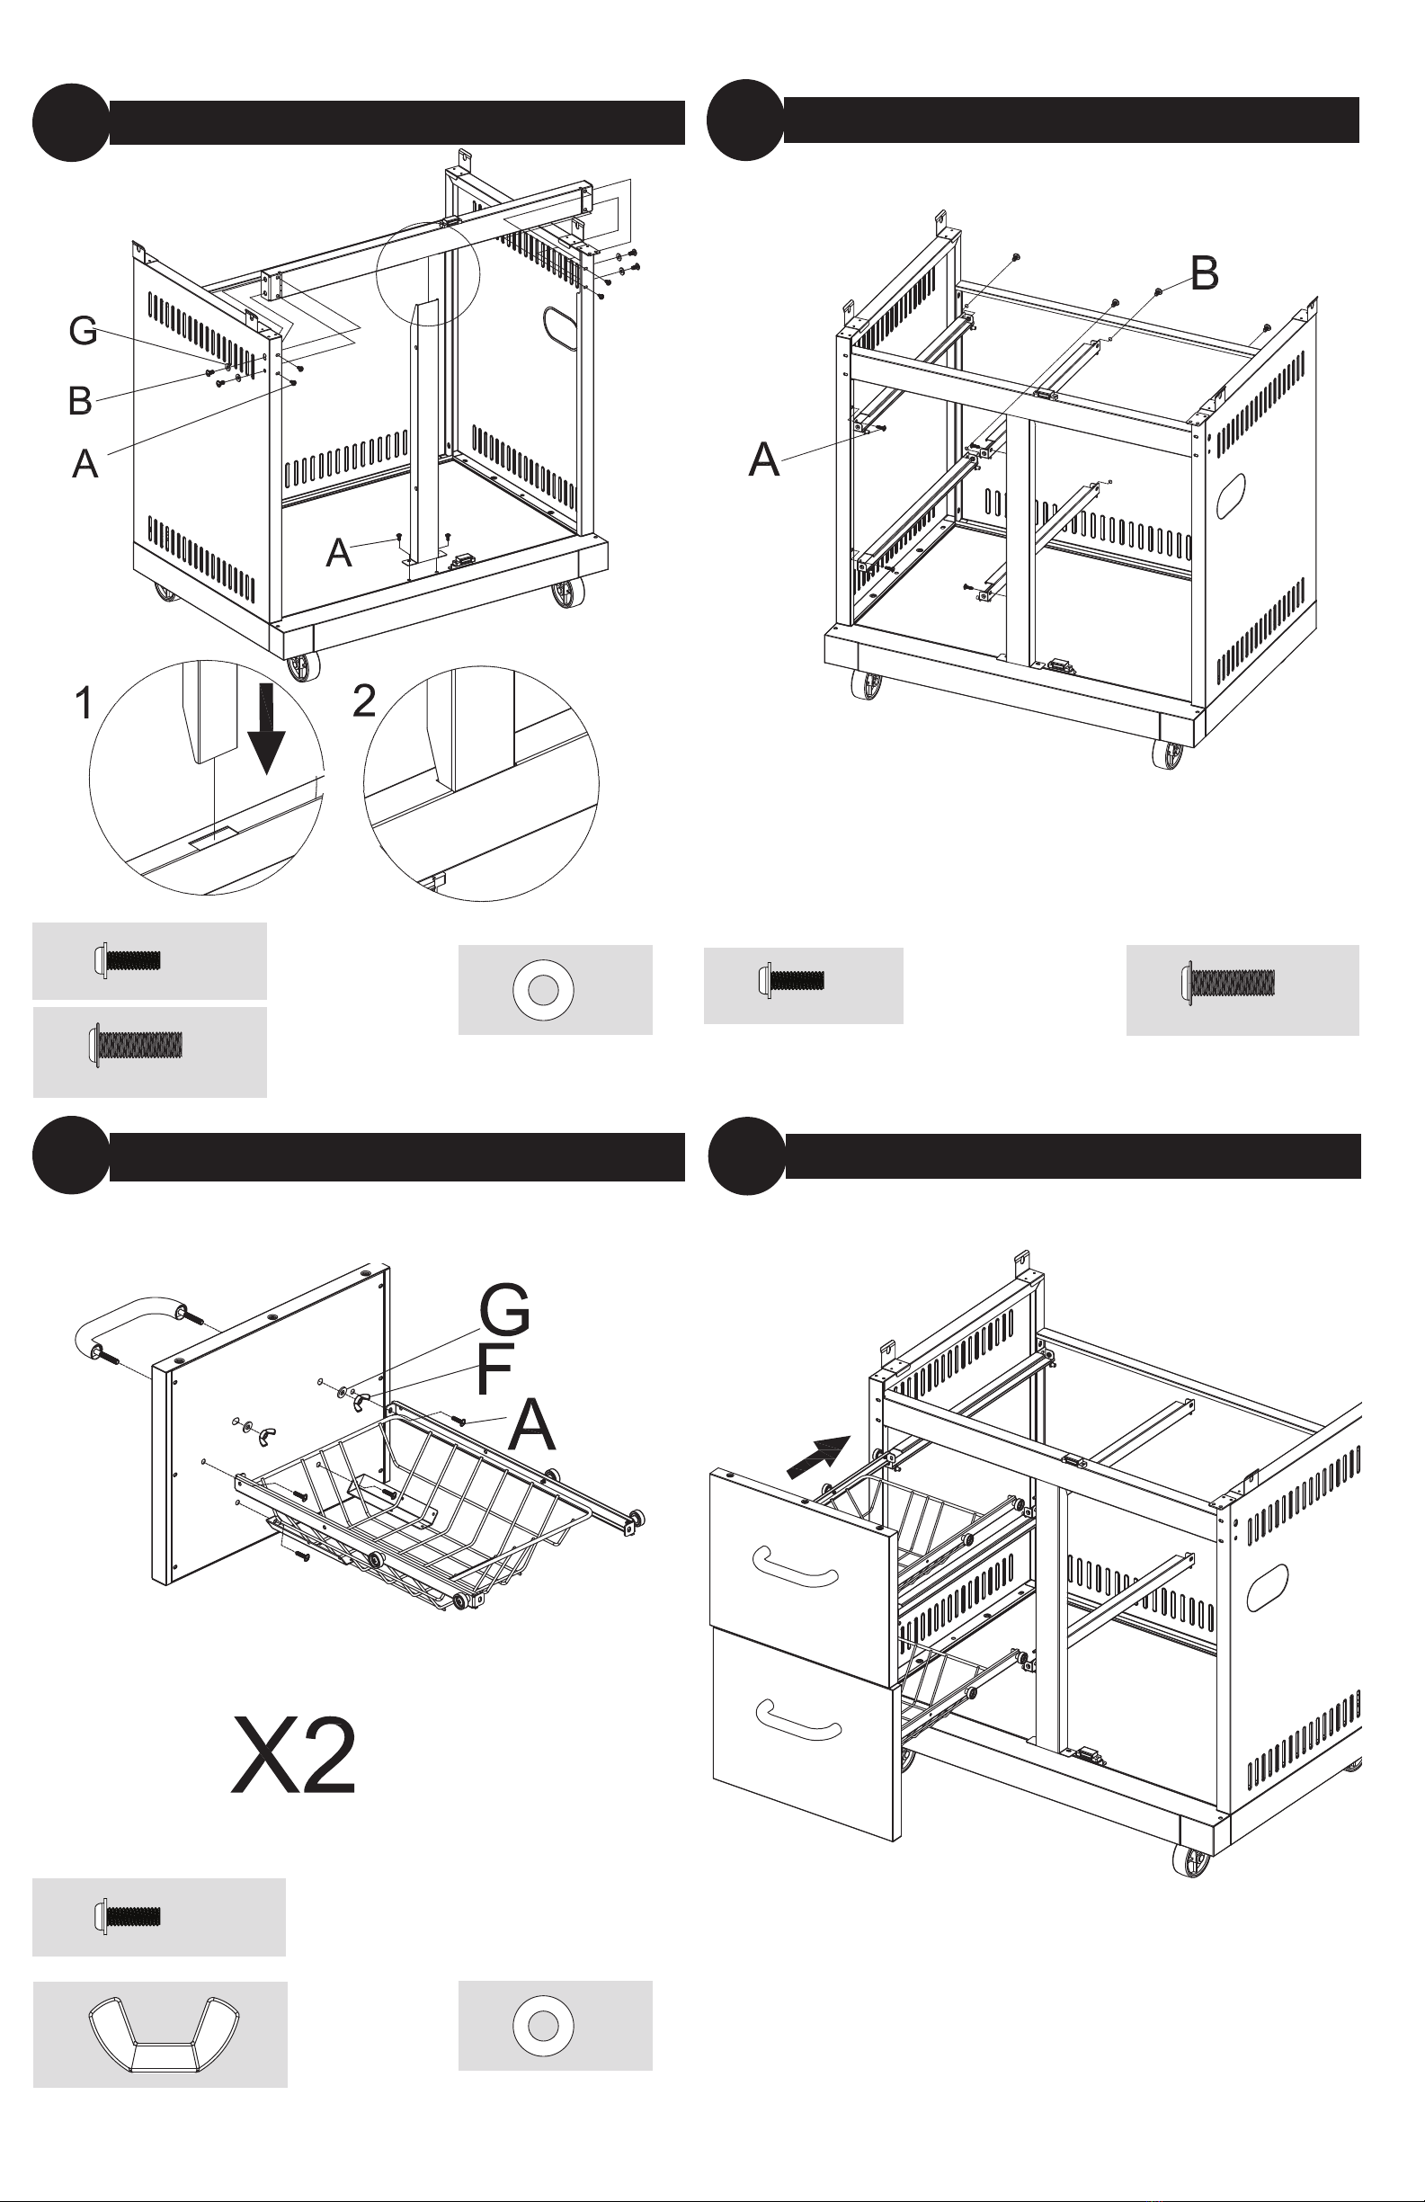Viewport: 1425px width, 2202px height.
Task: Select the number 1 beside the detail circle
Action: [x=84, y=703]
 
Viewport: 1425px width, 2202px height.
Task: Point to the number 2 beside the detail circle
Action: [x=365, y=701]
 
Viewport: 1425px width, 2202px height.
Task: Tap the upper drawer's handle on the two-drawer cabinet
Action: [x=795, y=1563]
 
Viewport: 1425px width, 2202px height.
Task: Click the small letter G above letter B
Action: [x=84, y=331]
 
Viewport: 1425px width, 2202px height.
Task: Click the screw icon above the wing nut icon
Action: [x=127, y=1915]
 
